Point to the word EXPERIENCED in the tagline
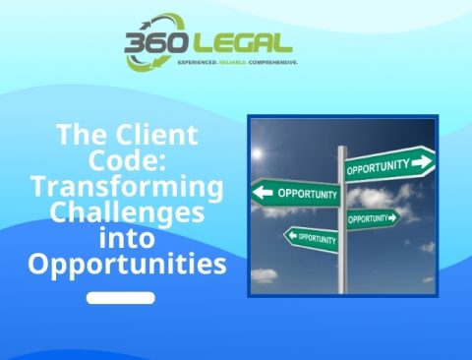tap(197, 63)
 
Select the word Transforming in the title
tap(126, 187)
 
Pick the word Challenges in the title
tap(126, 212)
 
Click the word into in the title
tap(126, 238)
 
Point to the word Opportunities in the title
tap(126, 265)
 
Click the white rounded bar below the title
tap(121, 297)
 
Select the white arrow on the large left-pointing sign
tap(263, 192)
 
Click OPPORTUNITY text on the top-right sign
tap(379, 166)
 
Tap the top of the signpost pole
tap(342, 150)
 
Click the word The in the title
tap(76, 135)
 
